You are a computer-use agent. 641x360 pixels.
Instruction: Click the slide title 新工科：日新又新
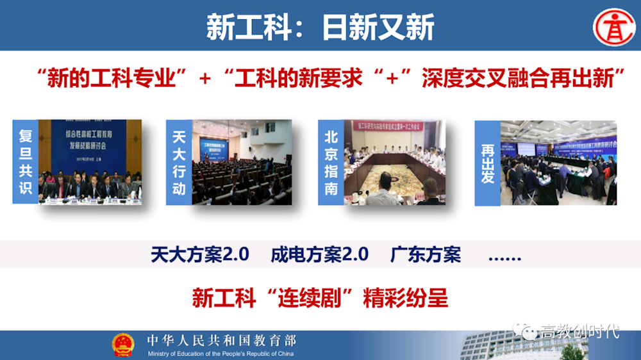[x=320, y=27]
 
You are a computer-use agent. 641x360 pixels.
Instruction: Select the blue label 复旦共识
[x=26, y=161]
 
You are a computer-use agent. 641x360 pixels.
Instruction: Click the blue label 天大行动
[x=179, y=162]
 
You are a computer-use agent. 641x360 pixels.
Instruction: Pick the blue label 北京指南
[x=331, y=162]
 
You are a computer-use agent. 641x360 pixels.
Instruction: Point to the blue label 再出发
[x=487, y=163]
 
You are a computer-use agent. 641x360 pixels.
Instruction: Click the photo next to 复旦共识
[x=90, y=161]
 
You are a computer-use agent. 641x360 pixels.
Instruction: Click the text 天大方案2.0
[x=199, y=254]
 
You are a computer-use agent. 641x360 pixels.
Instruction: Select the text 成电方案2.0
[x=319, y=254]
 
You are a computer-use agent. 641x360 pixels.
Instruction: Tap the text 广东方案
[x=425, y=254]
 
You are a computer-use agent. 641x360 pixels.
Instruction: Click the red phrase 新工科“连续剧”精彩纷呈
[x=320, y=299]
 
